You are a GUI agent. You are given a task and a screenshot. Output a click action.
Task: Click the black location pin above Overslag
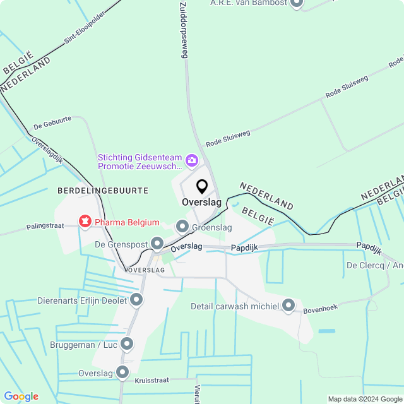tap(202, 187)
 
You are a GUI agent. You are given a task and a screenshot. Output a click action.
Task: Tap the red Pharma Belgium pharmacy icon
tap(84, 221)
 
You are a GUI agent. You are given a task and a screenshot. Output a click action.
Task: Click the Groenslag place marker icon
tap(182, 226)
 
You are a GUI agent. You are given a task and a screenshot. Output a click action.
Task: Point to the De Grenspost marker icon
tap(157, 243)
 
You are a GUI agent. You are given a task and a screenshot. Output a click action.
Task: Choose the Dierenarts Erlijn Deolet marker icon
tap(136, 299)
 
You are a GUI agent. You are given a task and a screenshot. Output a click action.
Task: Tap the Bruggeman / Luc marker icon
tap(127, 344)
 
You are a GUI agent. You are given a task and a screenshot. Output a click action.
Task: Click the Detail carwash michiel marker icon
tap(288, 306)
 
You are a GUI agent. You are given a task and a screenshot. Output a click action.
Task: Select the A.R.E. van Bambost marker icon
tap(297, 3)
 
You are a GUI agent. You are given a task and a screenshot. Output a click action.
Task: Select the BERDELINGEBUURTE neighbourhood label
tap(102, 190)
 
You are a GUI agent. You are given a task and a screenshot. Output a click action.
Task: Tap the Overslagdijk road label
tap(47, 151)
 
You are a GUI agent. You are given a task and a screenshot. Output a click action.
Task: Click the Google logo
tap(21, 396)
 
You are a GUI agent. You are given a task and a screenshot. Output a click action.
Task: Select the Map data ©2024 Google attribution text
tap(365, 399)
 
